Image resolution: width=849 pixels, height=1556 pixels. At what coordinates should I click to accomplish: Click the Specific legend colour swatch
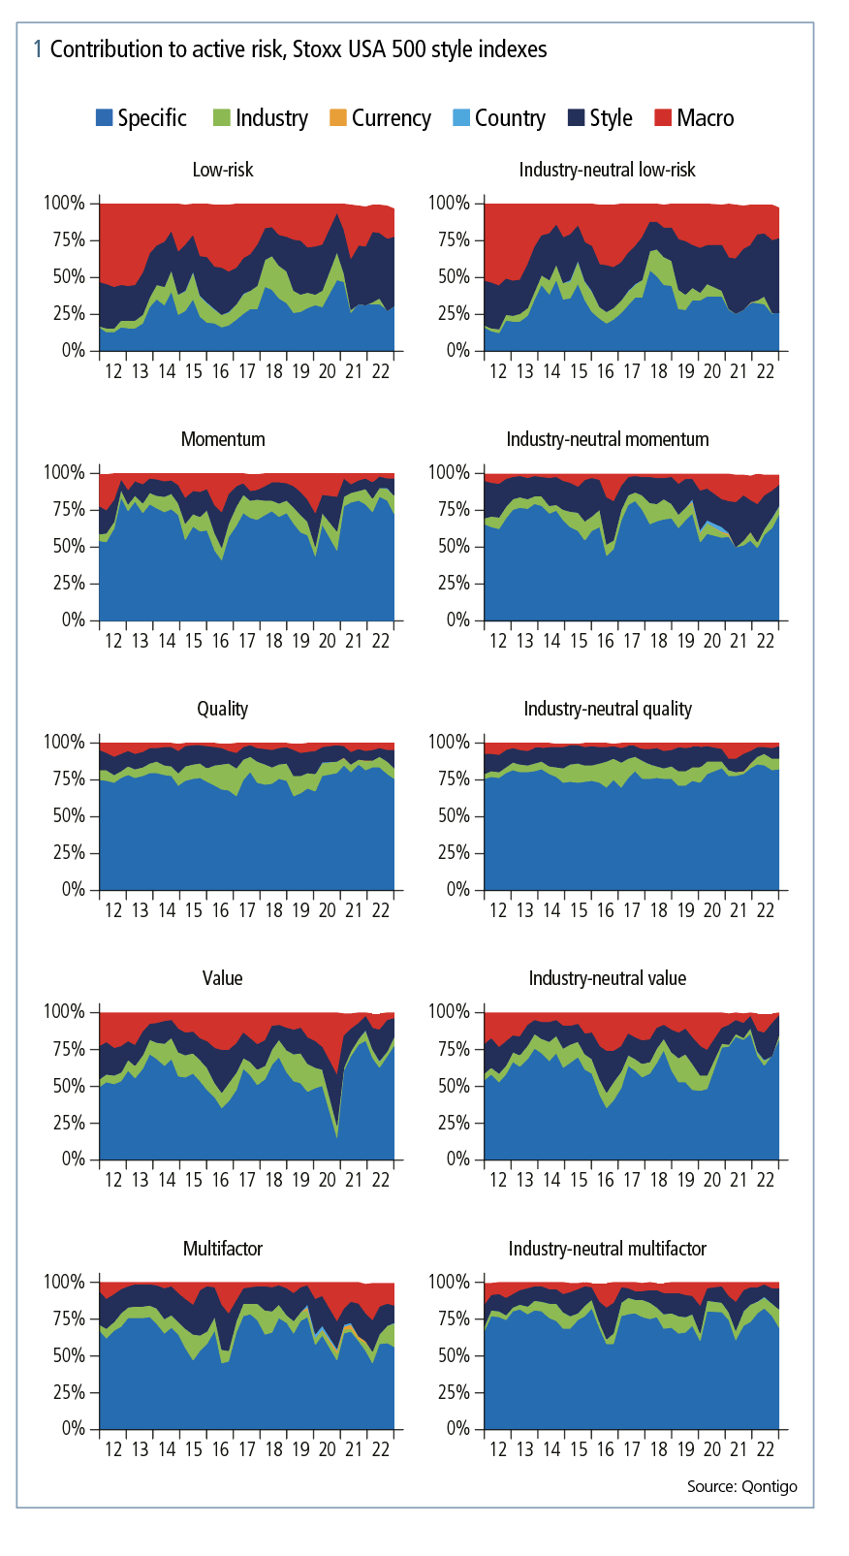(x=105, y=118)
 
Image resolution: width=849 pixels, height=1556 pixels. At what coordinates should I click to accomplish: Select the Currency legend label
(x=391, y=118)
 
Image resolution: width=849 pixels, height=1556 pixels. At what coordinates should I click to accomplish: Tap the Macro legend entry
(x=705, y=118)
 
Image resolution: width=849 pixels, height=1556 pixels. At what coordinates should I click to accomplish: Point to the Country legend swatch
(x=461, y=118)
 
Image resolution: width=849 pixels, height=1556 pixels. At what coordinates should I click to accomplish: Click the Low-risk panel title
(x=223, y=170)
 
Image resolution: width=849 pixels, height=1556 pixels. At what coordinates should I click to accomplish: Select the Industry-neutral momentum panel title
(x=608, y=439)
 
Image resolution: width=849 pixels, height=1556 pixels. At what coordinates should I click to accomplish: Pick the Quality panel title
(x=223, y=709)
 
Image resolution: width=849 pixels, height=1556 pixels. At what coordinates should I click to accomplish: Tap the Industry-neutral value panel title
(x=608, y=978)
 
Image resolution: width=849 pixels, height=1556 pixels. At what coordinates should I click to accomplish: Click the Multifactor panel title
(x=223, y=1249)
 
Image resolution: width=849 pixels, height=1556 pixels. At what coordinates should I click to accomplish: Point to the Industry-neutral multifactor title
(x=608, y=1249)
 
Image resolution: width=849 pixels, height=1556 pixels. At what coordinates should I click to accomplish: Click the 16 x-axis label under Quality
(x=221, y=910)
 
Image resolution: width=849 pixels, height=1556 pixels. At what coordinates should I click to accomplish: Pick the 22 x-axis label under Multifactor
(x=381, y=1449)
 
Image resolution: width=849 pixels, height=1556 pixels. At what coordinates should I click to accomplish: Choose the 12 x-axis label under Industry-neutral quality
(x=498, y=910)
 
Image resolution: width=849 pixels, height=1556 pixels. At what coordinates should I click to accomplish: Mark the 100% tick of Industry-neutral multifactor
(x=449, y=1282)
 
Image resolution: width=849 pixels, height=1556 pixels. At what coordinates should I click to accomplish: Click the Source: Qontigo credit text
(x=742, y=1486)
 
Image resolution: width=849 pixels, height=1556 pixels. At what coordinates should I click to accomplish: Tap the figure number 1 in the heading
(x=38, y=49)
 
